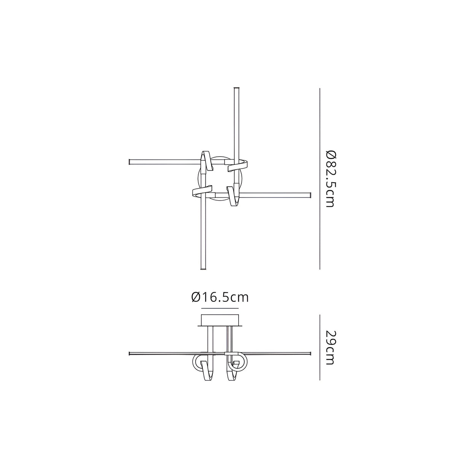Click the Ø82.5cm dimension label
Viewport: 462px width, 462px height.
(x=330, y=179)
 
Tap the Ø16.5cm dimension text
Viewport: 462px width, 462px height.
(x=220, y=297)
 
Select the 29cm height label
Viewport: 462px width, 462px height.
(x=330, y=347)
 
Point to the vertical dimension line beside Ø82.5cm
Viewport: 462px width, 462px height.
(x=320, y=179)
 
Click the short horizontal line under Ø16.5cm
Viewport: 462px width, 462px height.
(x=220, y=307)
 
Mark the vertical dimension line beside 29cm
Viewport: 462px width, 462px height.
(x=320, y=347)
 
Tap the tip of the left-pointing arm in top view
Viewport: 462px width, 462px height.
(x=131, y=162)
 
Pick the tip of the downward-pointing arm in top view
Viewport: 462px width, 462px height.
(x=203, y=268)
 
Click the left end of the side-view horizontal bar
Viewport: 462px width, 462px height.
(x=131, y=353)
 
